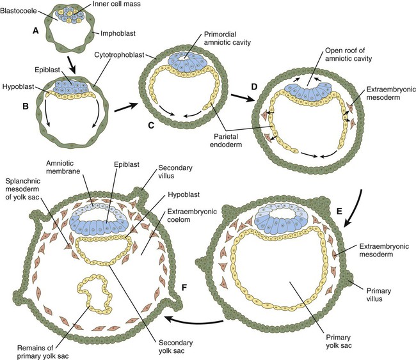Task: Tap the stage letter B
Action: click(x=26, y=107)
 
